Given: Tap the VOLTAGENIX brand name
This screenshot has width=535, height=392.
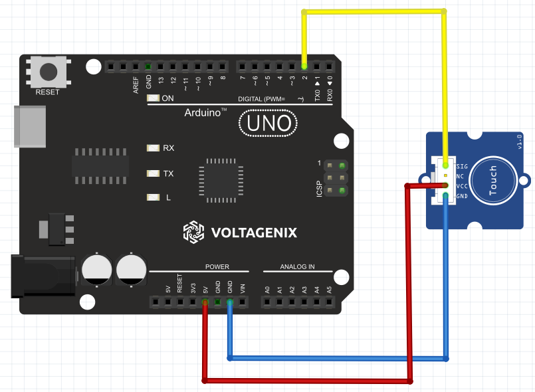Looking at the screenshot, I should (254, 233).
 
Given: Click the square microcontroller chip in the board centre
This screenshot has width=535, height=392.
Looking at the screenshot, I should (217, 179).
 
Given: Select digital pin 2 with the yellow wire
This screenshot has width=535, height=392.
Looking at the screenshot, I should (304, 66).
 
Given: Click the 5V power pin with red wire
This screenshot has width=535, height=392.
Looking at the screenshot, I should (205, 303).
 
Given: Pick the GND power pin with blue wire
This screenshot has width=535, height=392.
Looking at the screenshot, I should (230, 303).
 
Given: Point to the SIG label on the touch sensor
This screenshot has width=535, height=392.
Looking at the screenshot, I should (462, 165).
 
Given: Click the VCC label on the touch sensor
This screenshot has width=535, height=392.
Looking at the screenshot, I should (462, 186).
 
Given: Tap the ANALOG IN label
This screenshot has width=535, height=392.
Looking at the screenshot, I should (297, 267).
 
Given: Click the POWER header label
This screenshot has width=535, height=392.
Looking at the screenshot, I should (217, 267).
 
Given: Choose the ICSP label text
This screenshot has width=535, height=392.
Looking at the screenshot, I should (320, 188).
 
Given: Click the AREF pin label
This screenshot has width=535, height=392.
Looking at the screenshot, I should (136, 84).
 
